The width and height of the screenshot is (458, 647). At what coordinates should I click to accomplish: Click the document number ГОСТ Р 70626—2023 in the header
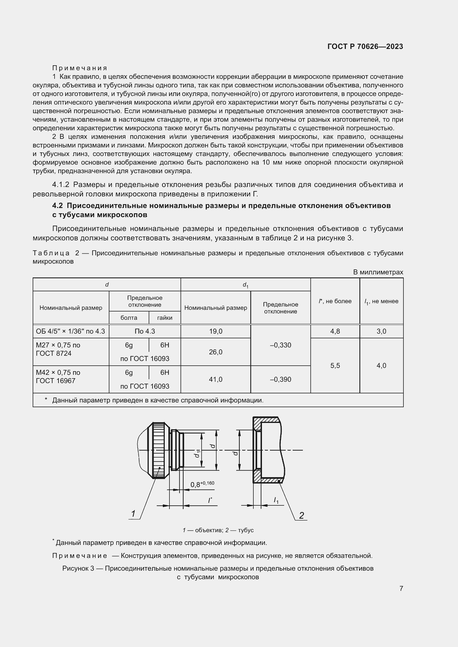tap(365, 46)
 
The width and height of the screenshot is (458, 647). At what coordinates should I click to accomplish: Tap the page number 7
tap(401, 588)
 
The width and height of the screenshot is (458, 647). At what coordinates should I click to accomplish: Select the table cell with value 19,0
tap(215, 331)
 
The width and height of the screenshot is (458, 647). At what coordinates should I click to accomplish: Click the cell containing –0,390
tap(280, 379)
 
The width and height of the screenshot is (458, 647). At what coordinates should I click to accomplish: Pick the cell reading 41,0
tap(215, 379)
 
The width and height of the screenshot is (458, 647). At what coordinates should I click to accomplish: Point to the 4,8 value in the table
tap(335, 331)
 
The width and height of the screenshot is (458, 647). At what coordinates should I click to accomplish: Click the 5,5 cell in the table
tap(335, 365)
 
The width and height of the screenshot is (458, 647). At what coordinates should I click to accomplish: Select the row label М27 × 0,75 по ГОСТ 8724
tap(58, 349)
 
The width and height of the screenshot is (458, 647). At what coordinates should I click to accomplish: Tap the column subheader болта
tap(129, 318)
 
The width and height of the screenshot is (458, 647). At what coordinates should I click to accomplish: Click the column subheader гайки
tap(165, 318)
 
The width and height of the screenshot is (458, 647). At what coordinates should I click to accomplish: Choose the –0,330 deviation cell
tap(280, 345)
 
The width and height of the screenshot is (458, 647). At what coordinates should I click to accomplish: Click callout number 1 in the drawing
tap(133, 514)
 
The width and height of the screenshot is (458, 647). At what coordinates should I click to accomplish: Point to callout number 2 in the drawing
tap(302, 515)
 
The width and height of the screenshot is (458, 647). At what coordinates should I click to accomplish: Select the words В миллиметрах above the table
tap(378, 272)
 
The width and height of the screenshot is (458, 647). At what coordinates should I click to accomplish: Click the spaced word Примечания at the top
tap(80, 68)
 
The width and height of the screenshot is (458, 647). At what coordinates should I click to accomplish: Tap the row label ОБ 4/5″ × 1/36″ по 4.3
tap(71, 331)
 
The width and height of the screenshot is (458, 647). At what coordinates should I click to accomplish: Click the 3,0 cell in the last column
tap(381, 331)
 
